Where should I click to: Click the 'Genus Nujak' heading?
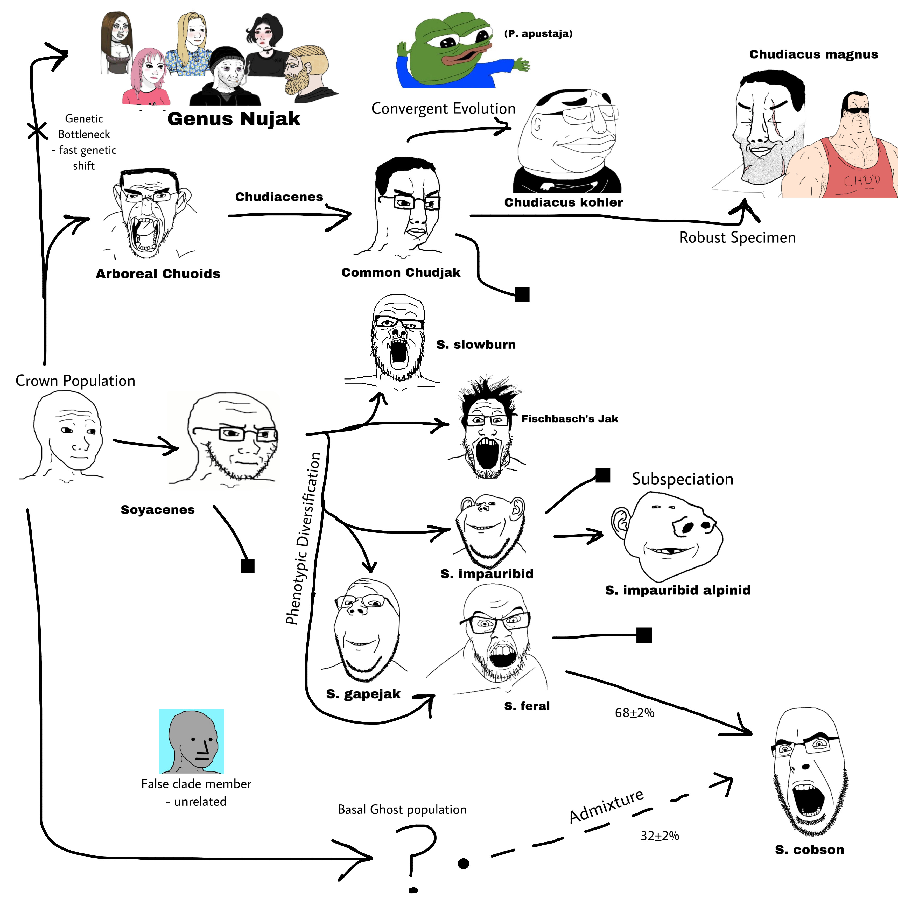tap(234, 119)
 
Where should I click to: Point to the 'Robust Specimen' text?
tap(737, 237)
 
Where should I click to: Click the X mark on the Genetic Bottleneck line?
tap(37, 131)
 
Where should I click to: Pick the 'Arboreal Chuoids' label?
tap(158, 274)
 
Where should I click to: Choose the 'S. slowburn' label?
tap(476, 345)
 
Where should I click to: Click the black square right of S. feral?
tap(644, 635)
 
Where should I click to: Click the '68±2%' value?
tap(634, 713)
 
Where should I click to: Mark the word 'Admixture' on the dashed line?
tap(607, 806)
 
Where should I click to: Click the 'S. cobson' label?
tap(809, 850)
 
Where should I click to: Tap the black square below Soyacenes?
tap(248, 566)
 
